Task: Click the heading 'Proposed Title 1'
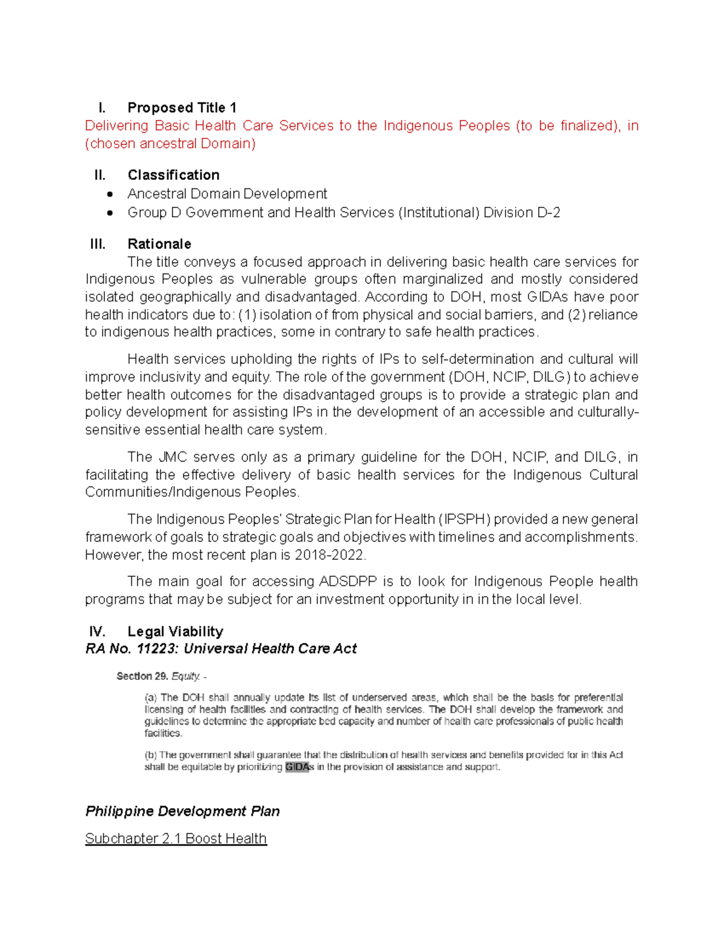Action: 182,108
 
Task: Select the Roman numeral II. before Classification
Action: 100,176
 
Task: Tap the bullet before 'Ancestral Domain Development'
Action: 109,194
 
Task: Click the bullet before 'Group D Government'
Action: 109,213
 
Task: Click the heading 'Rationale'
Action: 159,244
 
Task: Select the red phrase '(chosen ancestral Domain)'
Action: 170,144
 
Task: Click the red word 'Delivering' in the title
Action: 116,125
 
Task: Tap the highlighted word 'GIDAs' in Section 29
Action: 297,767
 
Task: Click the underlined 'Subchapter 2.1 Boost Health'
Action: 176,839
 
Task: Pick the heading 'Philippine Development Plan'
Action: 182,812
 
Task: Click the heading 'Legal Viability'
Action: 175,632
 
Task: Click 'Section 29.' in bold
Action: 142,676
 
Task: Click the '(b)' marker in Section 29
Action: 151,755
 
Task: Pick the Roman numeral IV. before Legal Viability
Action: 97,632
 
